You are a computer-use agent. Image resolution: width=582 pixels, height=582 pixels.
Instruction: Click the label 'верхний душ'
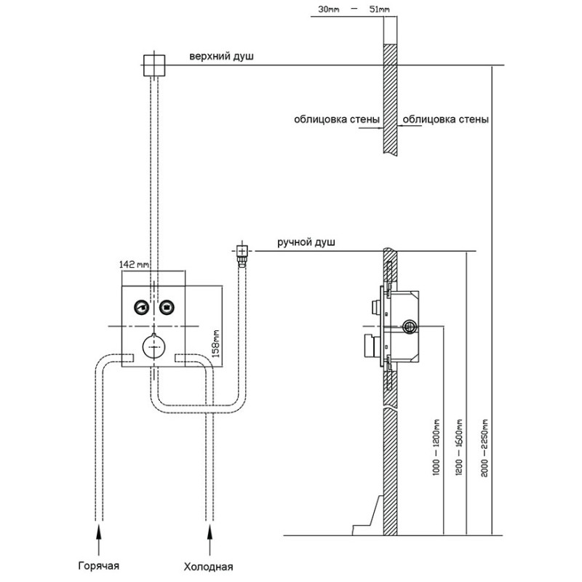point(222,57)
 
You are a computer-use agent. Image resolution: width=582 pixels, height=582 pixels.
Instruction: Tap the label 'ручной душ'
point(306,242)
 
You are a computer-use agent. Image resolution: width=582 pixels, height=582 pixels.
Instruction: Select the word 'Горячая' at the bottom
point(99,566)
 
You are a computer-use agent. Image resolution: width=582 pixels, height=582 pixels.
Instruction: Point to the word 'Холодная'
point(208,567)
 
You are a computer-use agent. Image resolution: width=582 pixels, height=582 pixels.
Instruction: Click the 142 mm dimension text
point(134,264)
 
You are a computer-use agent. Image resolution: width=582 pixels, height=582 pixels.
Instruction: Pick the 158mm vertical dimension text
point(215,343)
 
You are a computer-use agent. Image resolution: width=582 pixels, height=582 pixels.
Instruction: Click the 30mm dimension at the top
point(329,9)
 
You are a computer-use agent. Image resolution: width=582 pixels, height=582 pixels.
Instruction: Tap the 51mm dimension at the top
point(379,9)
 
